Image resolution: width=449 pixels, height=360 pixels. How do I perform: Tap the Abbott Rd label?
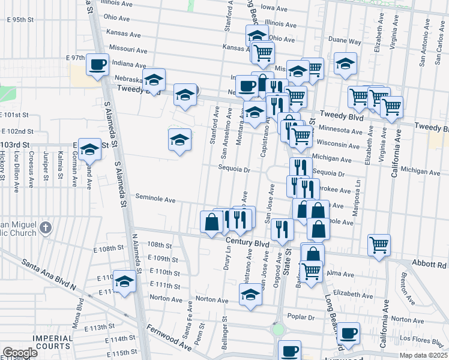(430, 263)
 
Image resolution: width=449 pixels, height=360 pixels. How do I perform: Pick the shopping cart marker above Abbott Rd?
(379, 244)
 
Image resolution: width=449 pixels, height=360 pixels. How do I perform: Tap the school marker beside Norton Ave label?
(250, 294)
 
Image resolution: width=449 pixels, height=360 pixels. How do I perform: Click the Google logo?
(19, 353)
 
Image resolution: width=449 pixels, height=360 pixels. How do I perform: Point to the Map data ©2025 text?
(423, 355)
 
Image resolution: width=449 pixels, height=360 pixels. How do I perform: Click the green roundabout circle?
(277, 329)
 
